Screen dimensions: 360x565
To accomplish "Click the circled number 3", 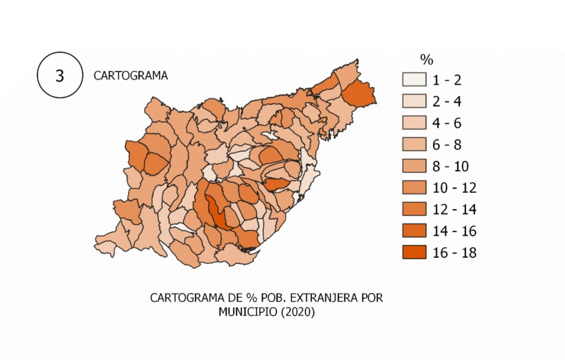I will pyautogui.click(x=59, y=76).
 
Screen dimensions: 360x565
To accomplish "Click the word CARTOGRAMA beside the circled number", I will pyautogui.click(x=130, y=76).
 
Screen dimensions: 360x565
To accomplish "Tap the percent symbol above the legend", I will pyautogui.click(x=427, y=59).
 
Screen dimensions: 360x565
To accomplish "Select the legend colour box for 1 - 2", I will pyautogui.click(x=414, y=80).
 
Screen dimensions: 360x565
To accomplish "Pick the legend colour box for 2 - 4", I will pyautogui.click(x=414, y=102).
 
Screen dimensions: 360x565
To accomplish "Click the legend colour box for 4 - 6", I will pyautogui.click(x=414, y=123).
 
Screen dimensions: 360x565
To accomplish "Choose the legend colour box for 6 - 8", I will pyautogui.click(x=414, y=145).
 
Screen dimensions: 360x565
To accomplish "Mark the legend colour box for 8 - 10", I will pyautogui.click(x=414, y=166).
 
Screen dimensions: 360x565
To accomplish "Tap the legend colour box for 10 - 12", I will pyautogui.click(x=414, y=188).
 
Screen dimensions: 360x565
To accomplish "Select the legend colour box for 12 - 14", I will pyautogui.click(x=414, y=209).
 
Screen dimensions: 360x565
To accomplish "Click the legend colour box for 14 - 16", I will pyautogui.click(x=414, y=231).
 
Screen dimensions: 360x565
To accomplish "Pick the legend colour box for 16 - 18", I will pyautogui.click(x=414, y=252).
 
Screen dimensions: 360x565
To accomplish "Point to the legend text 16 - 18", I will pyautogui.click(x=454, y=253).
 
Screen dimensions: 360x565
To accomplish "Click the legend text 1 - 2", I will pyautogui.click(x=446, y=81).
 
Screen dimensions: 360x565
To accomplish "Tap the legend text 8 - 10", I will pyautogui.click(x=451, y=167).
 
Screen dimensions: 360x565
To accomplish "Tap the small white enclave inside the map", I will pyautogui.click(x=269, y=135).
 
